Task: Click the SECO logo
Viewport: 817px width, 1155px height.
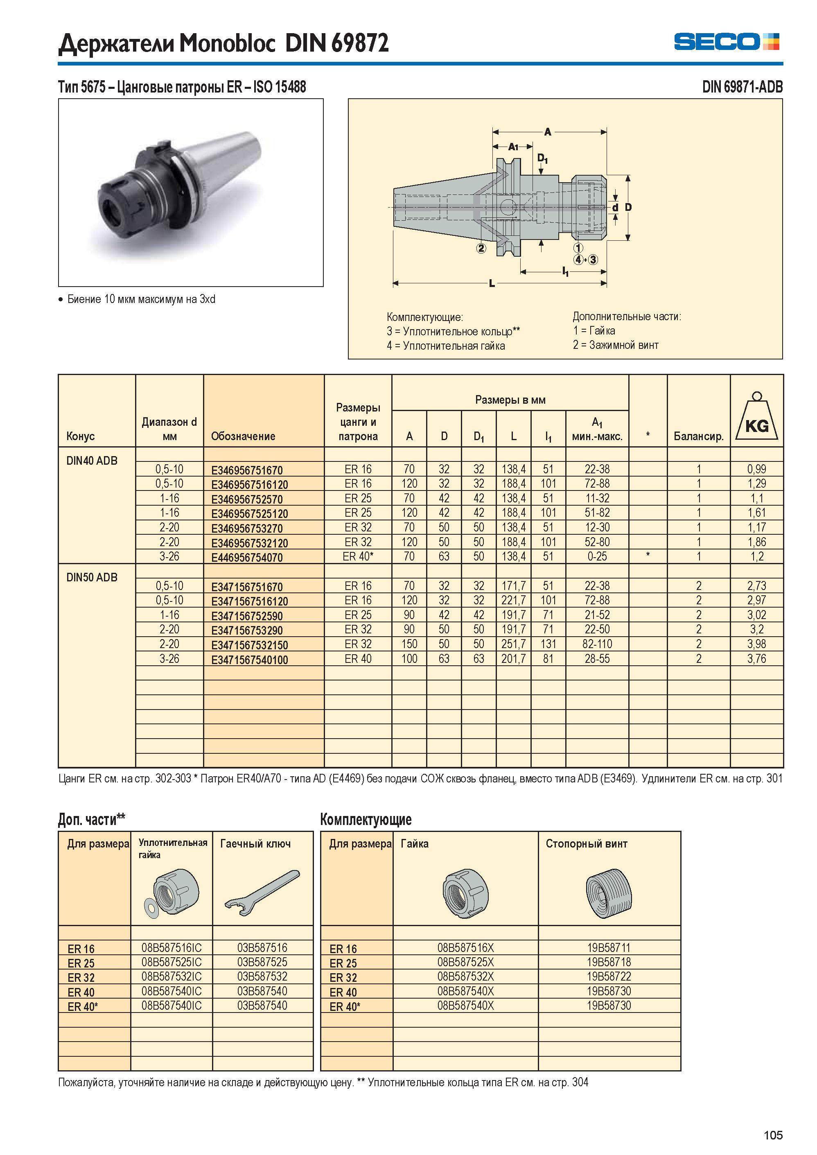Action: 727,41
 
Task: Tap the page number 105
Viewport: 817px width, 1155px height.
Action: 773,1135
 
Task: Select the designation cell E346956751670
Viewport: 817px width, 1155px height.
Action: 247,470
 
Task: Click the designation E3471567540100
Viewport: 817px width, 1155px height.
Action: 250,659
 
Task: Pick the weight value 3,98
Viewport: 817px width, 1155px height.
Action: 757,644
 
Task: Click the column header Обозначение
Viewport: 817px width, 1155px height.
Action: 243,436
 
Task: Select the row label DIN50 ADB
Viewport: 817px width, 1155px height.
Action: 92,577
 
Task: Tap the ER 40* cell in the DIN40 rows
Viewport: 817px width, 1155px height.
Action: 358,556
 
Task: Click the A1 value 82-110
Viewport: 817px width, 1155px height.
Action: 597,644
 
